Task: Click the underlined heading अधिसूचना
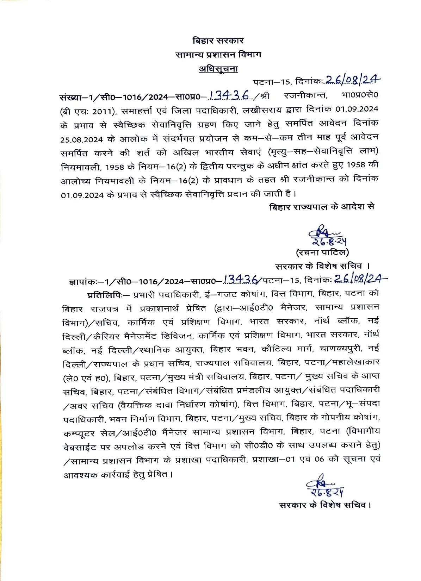click(218, 69)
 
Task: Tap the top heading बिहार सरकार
click(218, 41)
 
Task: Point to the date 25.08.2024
click(81, 139)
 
